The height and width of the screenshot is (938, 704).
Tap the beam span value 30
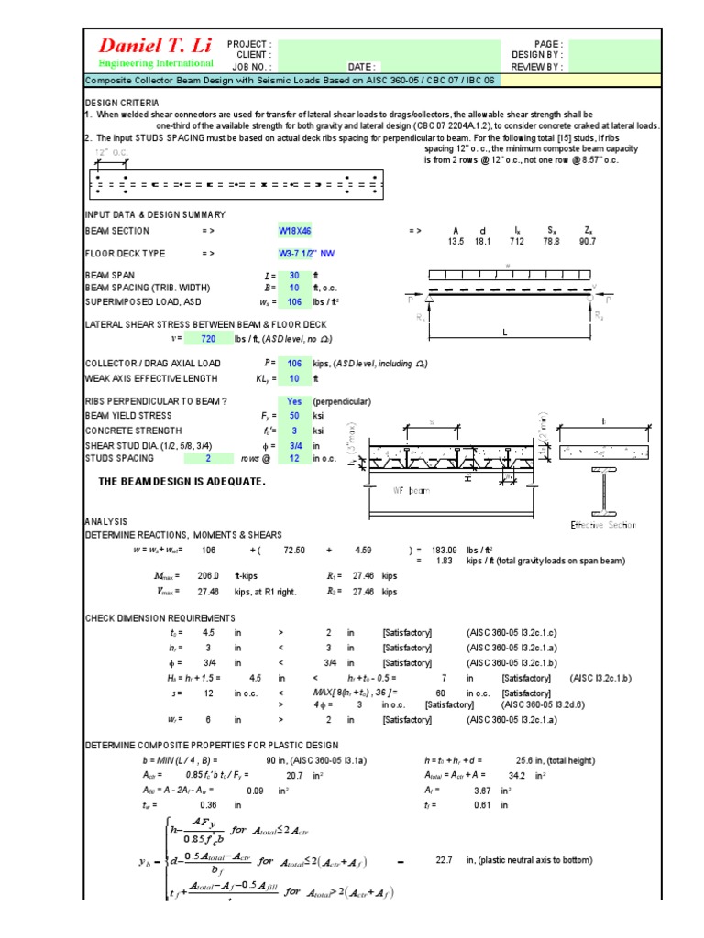click(x=293, y=275)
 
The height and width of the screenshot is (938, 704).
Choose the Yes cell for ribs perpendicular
click(x=294, y=402)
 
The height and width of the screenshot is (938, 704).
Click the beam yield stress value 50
click(x=293, y=415)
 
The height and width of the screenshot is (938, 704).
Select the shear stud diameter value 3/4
click(x=293, y=445)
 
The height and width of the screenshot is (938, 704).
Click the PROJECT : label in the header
click(x=249, y=44)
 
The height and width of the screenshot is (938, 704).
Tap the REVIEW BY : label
click(x=536, y=66)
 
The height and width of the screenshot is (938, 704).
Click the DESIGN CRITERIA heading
click(x=122, y=103)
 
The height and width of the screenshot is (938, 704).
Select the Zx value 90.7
click(x=587, y=242)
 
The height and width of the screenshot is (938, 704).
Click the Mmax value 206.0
click(x=210, y=574)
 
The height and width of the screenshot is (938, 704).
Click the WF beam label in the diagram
click(x=412, y=491)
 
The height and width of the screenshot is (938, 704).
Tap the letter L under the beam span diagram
click(x=504, y=333)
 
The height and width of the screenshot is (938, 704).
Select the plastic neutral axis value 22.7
click(x=445, y=860)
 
